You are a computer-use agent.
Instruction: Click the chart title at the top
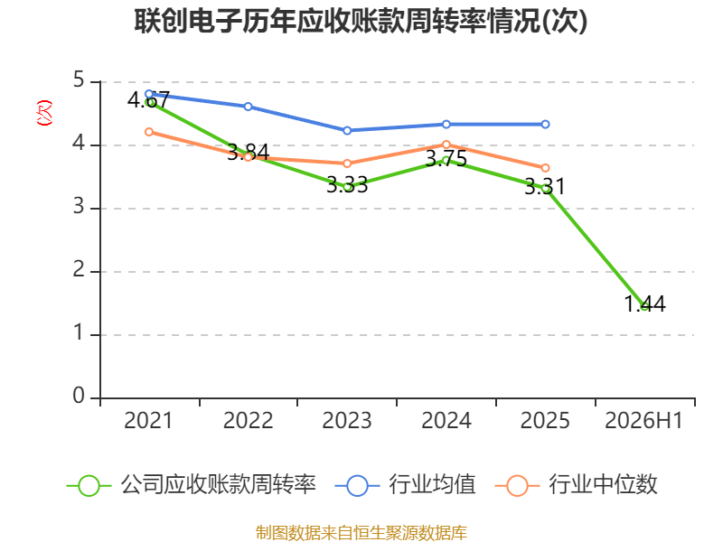click(x=361, y=21)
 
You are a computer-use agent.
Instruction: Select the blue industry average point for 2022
click(x=248, y=107)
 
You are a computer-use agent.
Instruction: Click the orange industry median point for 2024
click(x=446, y=145)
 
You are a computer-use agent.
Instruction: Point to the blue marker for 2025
click(x=545, y=124)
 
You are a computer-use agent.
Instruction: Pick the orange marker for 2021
click(x=149, y=132)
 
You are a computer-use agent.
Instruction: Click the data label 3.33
click(x=347, y=185)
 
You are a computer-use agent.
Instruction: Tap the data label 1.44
click(x=644, y=304)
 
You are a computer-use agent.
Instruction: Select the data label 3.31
click(x=545, y=187)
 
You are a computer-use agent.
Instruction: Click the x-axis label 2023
click(x=347, y=420)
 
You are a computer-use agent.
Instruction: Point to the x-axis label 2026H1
click(x=643, y=420)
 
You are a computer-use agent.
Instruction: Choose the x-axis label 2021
click(x=148, y=420)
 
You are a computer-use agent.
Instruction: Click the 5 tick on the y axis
click(x=79, y=80)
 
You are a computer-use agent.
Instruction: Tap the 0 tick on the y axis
click(x=79, y=396)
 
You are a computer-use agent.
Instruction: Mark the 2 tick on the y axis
click(x=79, y=269)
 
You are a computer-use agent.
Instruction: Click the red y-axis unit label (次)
click(x=44, y=113)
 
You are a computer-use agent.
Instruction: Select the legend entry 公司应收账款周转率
click(x=192, y=485)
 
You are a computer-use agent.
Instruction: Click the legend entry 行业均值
click(x=405, y=485)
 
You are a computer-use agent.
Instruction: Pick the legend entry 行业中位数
click(x=576, y=485)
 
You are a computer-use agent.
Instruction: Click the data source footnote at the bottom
click(x=361, y=533)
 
